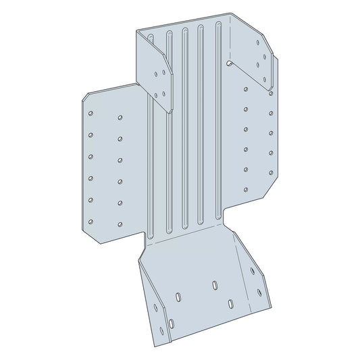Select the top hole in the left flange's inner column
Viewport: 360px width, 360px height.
[120, 118]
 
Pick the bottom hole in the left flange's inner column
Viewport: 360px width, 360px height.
[120, 224]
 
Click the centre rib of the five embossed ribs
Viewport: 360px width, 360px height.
[184, 128]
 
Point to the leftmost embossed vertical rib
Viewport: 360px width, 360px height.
[153, 128]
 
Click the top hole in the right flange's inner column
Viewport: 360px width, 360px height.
[245, 88]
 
